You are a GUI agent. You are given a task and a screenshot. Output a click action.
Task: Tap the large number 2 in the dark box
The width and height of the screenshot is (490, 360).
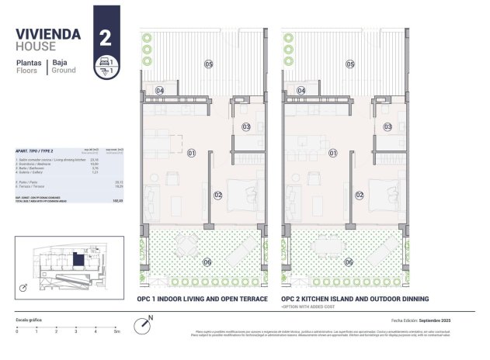(104, 36)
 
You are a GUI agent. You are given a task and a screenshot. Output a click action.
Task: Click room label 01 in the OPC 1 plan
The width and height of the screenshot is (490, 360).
(192, 153)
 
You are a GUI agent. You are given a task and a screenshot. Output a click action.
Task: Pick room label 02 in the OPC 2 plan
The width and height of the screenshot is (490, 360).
(360, 196)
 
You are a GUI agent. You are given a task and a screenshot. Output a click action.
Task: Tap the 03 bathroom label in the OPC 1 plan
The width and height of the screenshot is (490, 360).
(246, 126)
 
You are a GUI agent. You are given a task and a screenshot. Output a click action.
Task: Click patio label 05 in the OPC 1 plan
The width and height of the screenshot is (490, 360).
(208, 64)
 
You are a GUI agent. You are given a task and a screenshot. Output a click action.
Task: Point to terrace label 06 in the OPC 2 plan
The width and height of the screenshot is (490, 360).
(349, 262)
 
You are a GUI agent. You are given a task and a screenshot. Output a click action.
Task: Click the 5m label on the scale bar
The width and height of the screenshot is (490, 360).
(116, 331)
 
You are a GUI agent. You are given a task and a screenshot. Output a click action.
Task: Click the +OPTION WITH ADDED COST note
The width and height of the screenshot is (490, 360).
(314, 308)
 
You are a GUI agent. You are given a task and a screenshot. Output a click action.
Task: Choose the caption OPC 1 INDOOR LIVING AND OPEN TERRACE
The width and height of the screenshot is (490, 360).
(202, 299)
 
